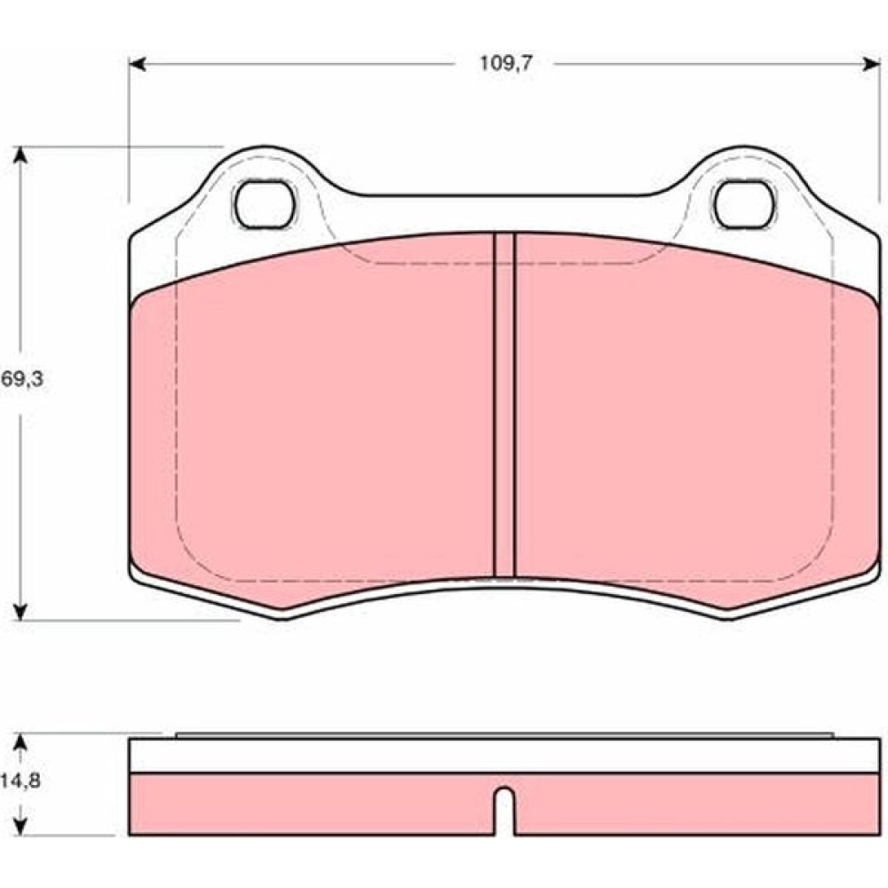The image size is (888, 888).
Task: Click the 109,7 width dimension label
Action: [x=506, y=63]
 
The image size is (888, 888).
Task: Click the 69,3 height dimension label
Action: [x=22, y=379]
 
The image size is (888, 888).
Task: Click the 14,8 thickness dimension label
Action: [x=20, y=781]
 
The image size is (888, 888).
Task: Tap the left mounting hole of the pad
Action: [x=265, y=204]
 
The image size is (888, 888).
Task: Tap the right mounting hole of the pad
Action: [x=745, y=204]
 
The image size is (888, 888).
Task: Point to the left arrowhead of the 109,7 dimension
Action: [x=138, y=64]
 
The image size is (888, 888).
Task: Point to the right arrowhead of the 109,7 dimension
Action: [x=872, y=64]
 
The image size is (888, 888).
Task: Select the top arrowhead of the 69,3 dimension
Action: [x=20, y=155]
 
